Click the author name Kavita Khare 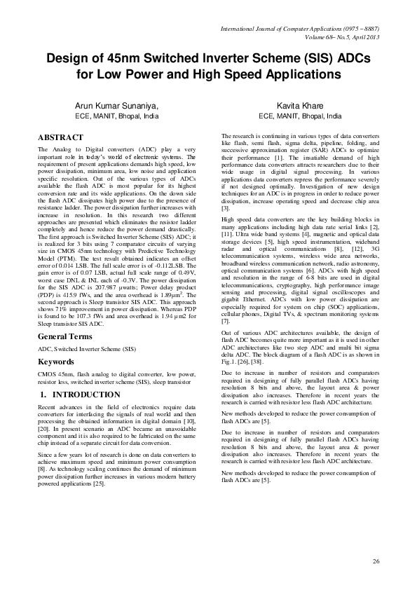point(301,106)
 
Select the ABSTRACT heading point(60,137)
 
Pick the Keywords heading point(56,363)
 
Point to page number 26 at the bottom point(376,562)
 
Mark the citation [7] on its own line point(225,321)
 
